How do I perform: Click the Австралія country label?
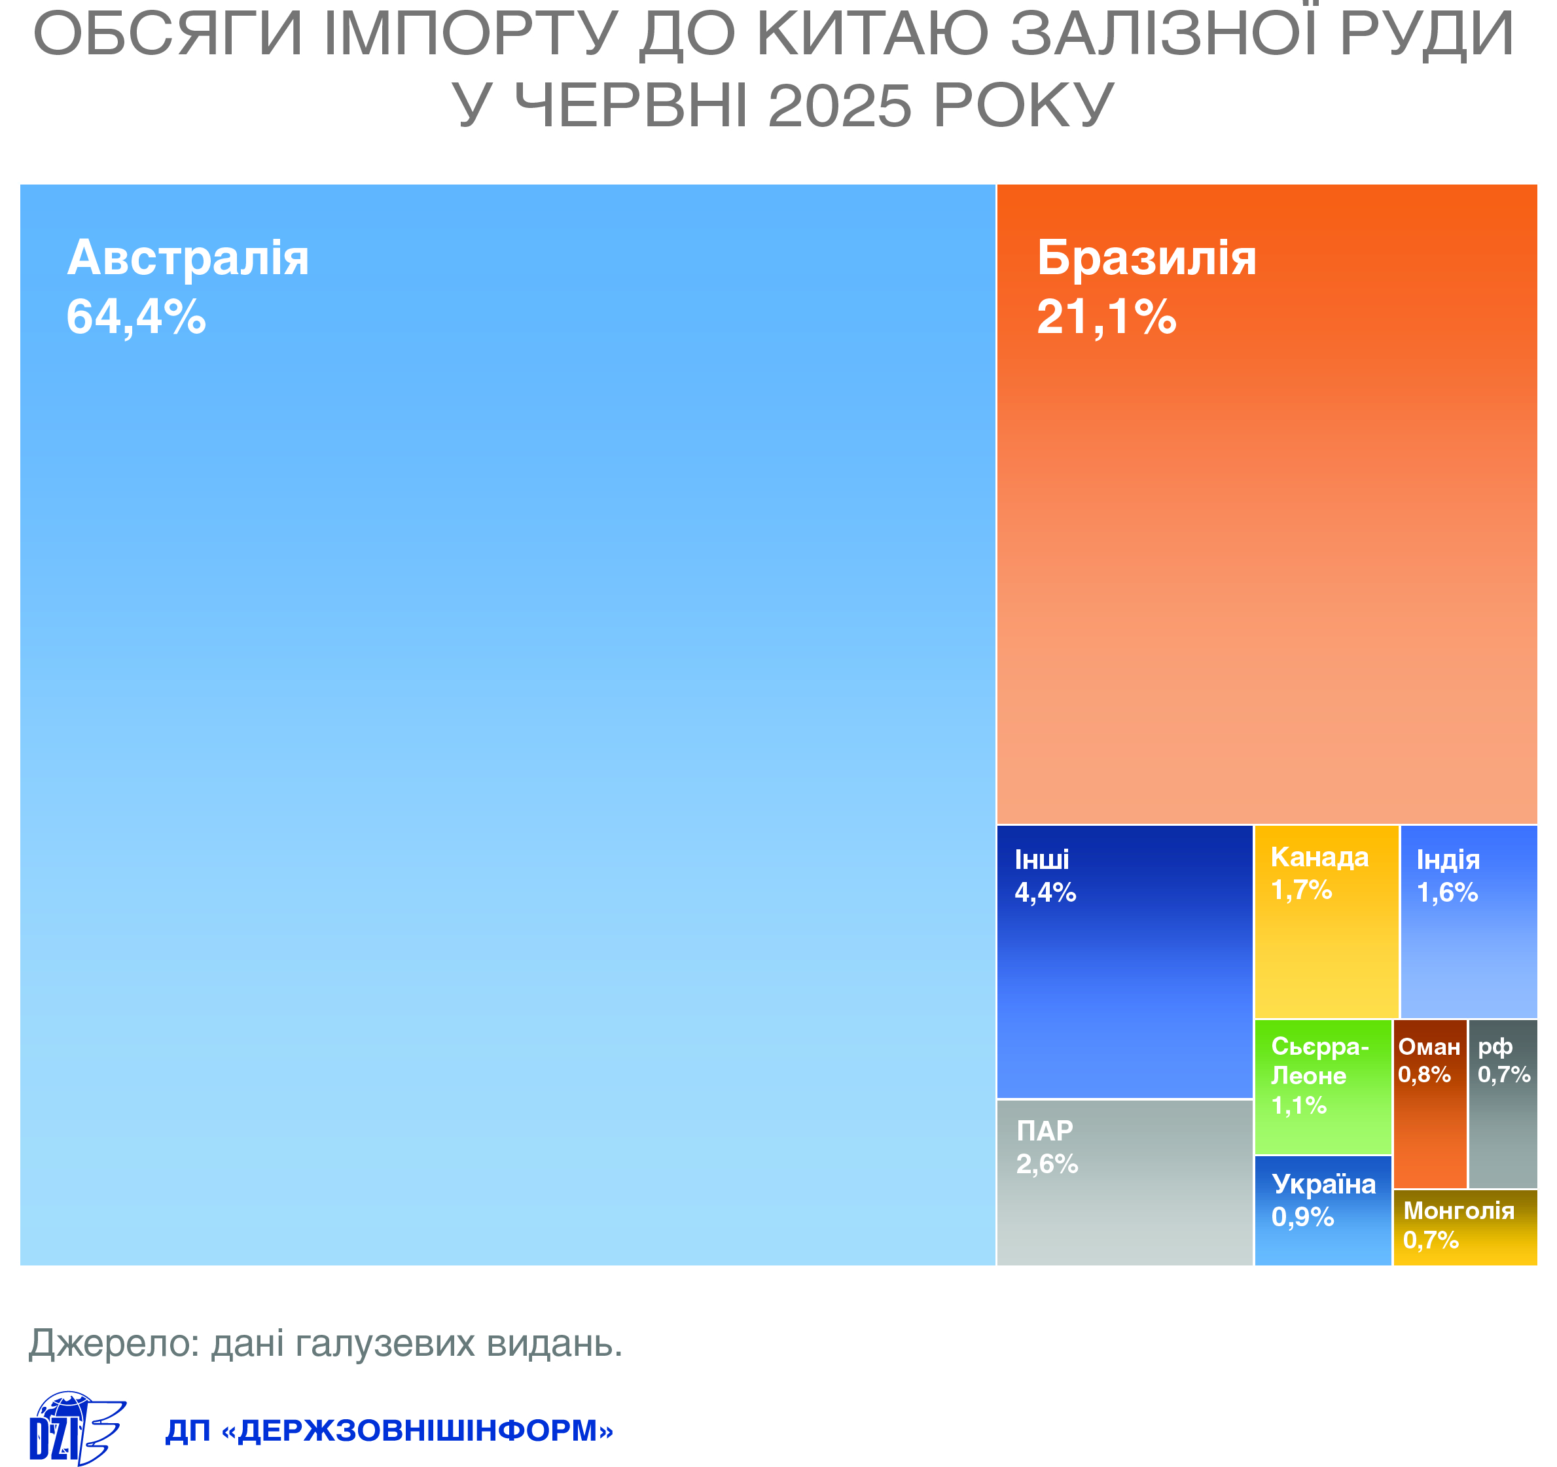188,258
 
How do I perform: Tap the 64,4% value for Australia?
136,317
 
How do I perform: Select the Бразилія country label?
1147,258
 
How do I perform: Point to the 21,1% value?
1107,317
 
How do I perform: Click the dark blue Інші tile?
1124,962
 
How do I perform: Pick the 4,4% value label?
1046,893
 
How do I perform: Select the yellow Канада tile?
1327,922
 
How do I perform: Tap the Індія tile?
1469,922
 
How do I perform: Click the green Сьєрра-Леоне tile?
1323,1087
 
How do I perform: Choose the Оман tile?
1430,1105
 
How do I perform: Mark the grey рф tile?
1503,1105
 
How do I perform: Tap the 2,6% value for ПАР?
1047,1165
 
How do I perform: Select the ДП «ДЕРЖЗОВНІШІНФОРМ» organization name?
389,1431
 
